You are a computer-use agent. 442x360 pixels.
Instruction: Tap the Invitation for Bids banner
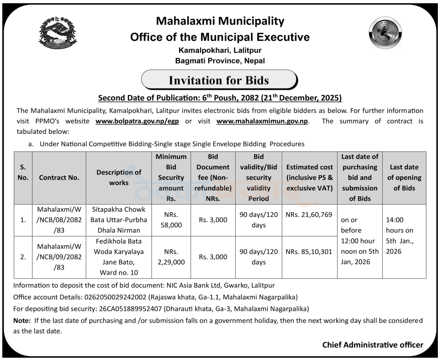pos(219,80)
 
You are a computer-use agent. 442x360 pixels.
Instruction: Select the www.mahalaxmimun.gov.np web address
pos(262,122)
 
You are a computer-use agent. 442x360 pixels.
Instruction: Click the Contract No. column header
pos(59,177)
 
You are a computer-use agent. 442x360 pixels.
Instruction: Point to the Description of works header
pos(119,177)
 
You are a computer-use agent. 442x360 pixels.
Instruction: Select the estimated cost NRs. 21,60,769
pos(309,215)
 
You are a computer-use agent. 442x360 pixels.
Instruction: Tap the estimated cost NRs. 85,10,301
pos(309,252)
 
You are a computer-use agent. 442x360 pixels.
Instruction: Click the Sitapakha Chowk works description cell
pos(119,220)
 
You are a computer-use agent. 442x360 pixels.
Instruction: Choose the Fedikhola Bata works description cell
pos(119,257)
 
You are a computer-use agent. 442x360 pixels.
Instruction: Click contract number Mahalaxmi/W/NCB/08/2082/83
pos(59,220)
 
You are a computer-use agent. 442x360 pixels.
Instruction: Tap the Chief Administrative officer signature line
pos(372,345)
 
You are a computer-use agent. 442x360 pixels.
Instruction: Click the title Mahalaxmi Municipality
pos(220,21)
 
